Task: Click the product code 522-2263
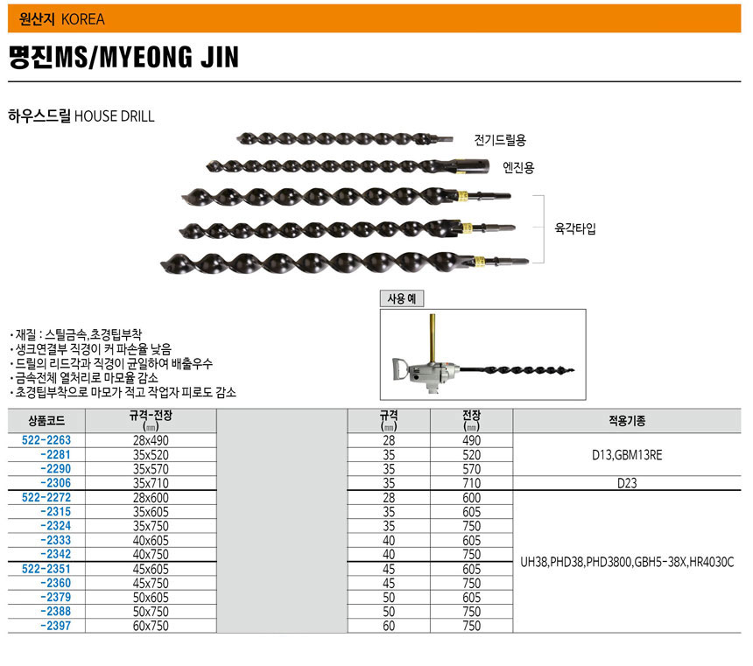[46, 440]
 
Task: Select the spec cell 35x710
[151, 483]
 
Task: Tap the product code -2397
[56, 626]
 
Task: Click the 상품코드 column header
[46, 421]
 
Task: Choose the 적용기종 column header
[627, 421]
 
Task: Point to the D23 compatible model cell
[627, 483]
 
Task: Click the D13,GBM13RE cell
[627, 455]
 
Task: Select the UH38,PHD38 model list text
[627, 562]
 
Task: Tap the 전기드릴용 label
[500, 140]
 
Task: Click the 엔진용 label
[518, 167]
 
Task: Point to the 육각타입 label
[575, 228]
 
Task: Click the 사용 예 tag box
[402, 298]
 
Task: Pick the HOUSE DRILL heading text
[115, 116]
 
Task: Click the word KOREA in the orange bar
[83, 19]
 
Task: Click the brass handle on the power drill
[433, 338]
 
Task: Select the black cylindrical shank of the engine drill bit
[471, 166]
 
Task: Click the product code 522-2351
[46, 569]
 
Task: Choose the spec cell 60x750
[151, 626]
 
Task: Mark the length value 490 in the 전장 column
[472, 440]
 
